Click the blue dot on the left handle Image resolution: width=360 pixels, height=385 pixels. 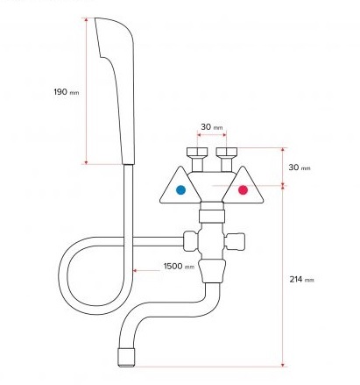[180, 190]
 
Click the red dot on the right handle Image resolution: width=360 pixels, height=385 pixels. [243, 190]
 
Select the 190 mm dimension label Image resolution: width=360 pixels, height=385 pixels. [67, 92]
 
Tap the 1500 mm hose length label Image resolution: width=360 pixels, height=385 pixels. [179, 267]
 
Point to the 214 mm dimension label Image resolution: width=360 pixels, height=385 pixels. [301, 279]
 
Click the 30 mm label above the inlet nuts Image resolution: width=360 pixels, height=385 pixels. [212, 127]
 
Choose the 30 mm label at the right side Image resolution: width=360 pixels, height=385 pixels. [300, 168]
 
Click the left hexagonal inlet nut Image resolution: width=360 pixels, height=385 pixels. [197, 152]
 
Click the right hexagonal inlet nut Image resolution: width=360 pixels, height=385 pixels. [227, 152]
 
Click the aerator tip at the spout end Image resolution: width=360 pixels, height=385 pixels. [126, 357]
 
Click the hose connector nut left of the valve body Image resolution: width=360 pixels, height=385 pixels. [191, 241]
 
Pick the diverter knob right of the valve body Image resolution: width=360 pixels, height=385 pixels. [235, 241]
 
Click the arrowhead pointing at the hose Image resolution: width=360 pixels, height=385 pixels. [135, 271]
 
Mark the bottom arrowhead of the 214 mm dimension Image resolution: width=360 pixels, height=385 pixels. [283, 364]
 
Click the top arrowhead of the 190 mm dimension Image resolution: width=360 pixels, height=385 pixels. [86, 20]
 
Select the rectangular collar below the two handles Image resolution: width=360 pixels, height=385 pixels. [212, 217]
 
